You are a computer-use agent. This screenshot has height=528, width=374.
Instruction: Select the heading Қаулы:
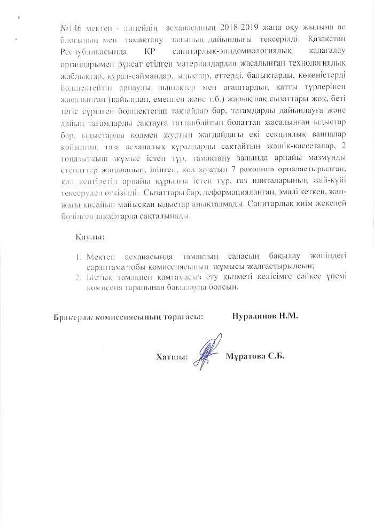coord(89,236)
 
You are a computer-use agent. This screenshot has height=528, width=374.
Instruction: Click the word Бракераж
coord(74,316)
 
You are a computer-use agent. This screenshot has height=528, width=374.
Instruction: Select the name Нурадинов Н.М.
coord(265,315)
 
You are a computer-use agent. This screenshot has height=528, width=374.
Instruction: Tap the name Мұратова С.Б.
coord(255,356)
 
